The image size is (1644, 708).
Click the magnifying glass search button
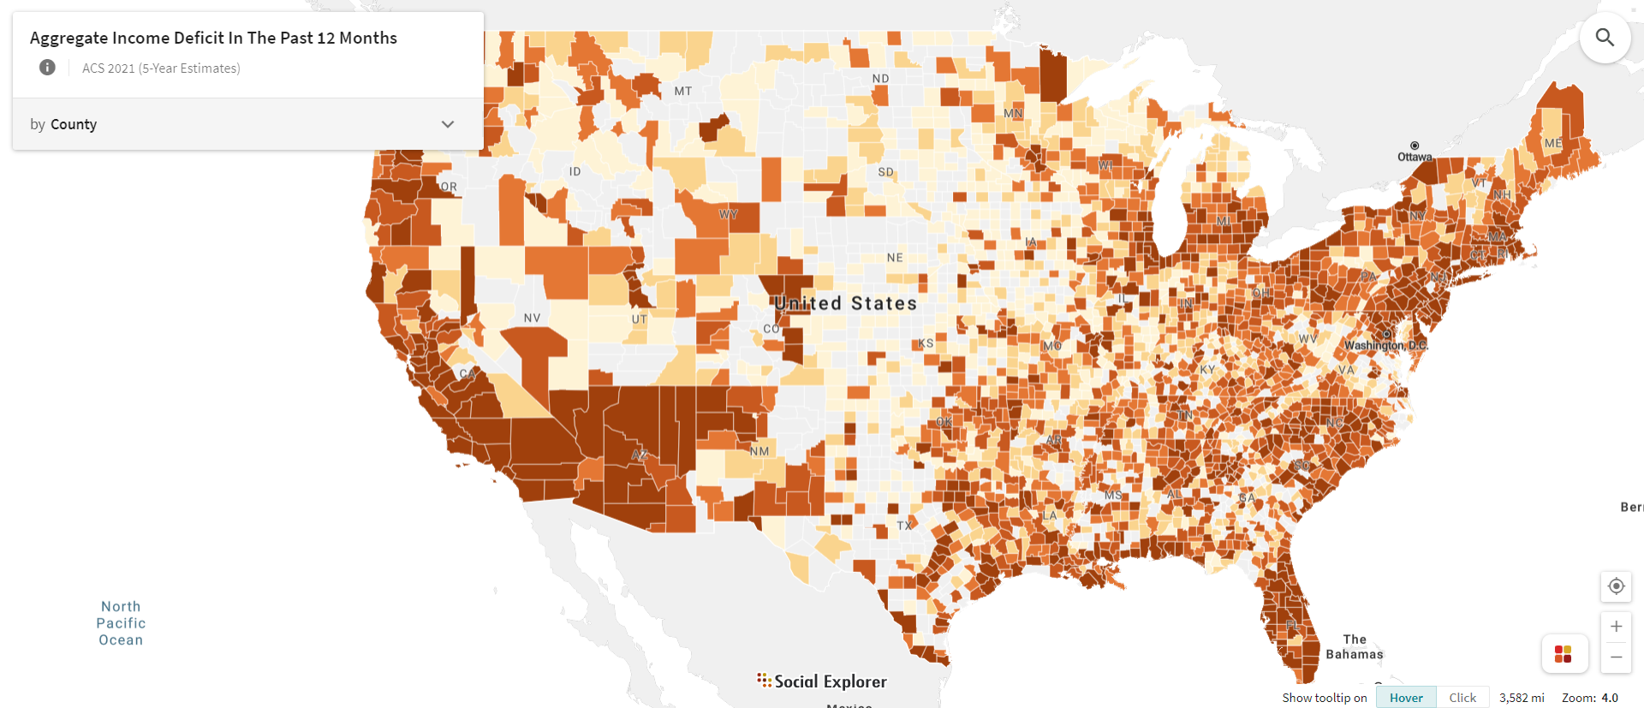pyautogui.click(x=1605, y=38)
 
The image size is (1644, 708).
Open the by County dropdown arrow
pyautogui.click(x=447, y=124)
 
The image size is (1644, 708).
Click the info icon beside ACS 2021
pyautogui.click(x=47, y=68)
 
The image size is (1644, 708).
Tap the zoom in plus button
pyautogui.click(x=1616, y=626)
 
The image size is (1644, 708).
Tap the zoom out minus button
pyautogui.click(x=1616, y=657)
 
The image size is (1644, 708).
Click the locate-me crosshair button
pyautogui.click(x=1616, y=586)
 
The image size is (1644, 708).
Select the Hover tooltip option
pyautogui.click(x=1406, y=698)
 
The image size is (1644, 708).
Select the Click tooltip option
pyautogui.click(x=1462, y=698)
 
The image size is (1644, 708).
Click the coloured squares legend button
pyautogui.click(x=1564, y=654)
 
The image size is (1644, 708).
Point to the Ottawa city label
pyautogui.click(x=1415, y=157)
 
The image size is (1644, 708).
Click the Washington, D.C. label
pyautogui.click(x=1385, y=345)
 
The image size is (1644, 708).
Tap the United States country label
pyautogui.click(x=845, y=303)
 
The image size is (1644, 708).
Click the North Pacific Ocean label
pyautogui.click(x=121, y=623)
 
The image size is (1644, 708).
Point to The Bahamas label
pyautogui.click(x=1355, y=646)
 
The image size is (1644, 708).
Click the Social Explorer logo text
pyautogui.click(x=830, y=681)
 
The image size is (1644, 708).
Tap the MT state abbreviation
pyautogui.click(x=682, y=91)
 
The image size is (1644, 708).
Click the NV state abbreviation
pyautogui.click(x=532, y=318)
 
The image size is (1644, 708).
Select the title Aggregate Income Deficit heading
pyautogui.click(x=213, y=38)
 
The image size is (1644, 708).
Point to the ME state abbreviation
pyautogui.click(x=1553, y=143)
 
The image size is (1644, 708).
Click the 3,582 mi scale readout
pyautogui.click(x=1522, y=698)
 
